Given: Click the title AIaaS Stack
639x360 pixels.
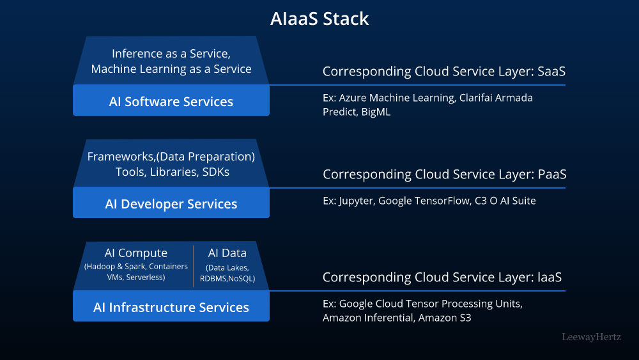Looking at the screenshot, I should point(319,19).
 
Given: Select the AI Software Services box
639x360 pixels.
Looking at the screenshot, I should point(171,101).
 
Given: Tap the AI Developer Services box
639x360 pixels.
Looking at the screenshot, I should point(171,204).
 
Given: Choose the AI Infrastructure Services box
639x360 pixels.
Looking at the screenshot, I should point(171,308).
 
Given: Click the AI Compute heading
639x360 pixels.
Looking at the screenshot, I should point(136,253).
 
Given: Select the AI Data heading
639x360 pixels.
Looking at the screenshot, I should point(227,253).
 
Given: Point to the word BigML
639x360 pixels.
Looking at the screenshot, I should point(374,112).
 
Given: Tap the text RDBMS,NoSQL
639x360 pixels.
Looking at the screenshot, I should point(227,278).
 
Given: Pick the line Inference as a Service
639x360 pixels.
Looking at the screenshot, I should point(171,54).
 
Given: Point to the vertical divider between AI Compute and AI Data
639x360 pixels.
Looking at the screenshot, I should point(194,266).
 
